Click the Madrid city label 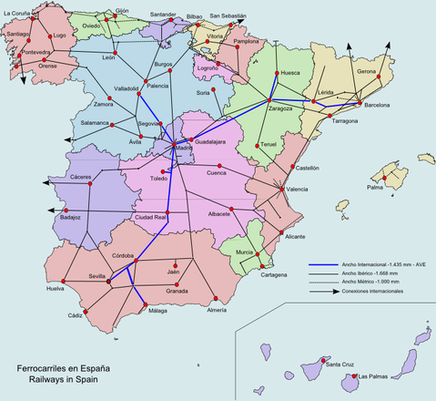tap(184, 149)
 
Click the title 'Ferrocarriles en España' tap(64, 368)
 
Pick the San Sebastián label tap(228, 16)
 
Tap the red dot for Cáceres tap(90, 185)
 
